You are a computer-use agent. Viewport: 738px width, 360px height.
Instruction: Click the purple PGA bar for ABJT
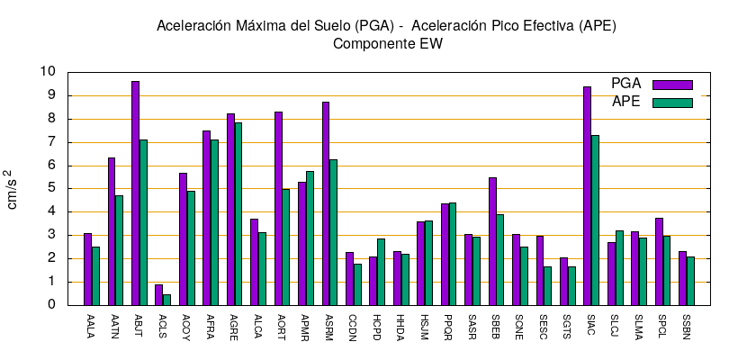click(135, 193)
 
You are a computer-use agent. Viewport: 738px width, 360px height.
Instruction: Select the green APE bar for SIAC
click(595, 220)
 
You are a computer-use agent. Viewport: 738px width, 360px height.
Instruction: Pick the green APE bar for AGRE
click(238, 214)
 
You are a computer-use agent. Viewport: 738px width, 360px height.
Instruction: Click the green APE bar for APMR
click(310, 238)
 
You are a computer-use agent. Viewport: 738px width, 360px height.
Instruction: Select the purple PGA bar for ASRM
click(326, 203)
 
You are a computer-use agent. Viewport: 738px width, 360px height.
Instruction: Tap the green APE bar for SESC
click(547, 286)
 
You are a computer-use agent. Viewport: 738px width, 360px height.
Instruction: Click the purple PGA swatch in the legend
click(672, 85)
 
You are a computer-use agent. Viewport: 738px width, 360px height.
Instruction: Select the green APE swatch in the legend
click(672, 103)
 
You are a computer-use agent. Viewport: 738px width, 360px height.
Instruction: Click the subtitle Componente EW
click(387, 43)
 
